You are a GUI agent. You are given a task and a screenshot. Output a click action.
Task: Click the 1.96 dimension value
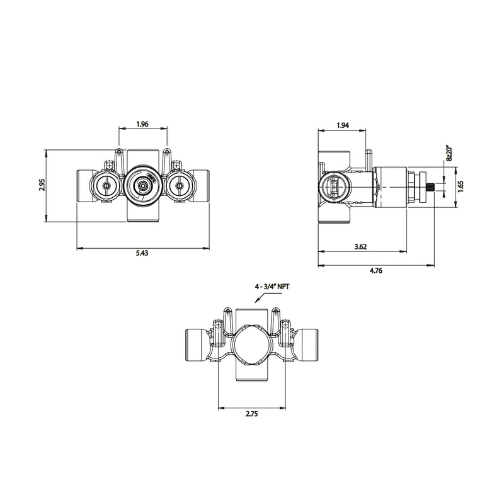pos(142,125)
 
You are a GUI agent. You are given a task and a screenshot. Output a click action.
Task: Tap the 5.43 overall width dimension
pos(142,253)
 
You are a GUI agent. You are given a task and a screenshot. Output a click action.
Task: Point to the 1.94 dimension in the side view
pos(343,125)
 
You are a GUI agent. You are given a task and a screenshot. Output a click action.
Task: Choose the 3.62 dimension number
pos(361,247)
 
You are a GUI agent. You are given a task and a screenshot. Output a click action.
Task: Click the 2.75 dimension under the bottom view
pos(251,414)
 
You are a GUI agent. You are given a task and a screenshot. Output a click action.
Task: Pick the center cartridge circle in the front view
pos(144,185)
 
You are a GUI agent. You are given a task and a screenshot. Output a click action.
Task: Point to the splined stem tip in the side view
pos(432,186)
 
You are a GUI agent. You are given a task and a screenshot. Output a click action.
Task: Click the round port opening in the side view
pos(335,186)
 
